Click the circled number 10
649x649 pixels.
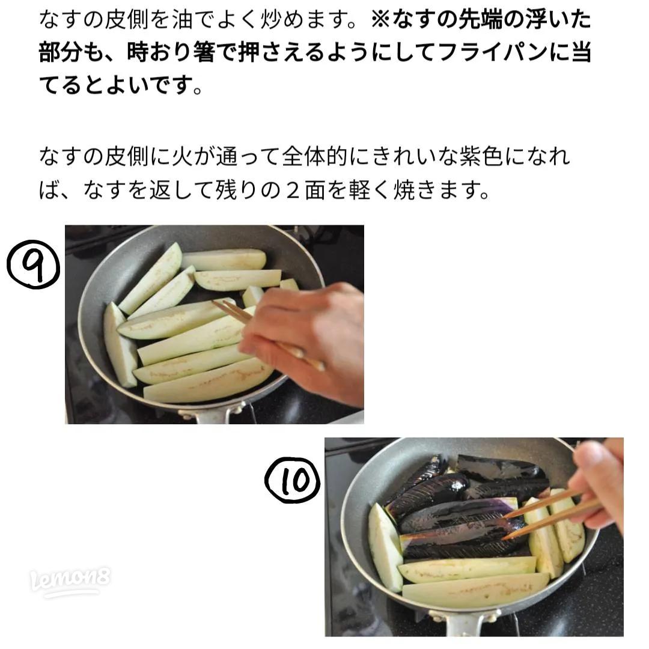[293, 479]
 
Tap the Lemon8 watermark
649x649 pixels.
[70, 582]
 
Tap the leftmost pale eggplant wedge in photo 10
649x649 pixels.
[385, 547]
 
